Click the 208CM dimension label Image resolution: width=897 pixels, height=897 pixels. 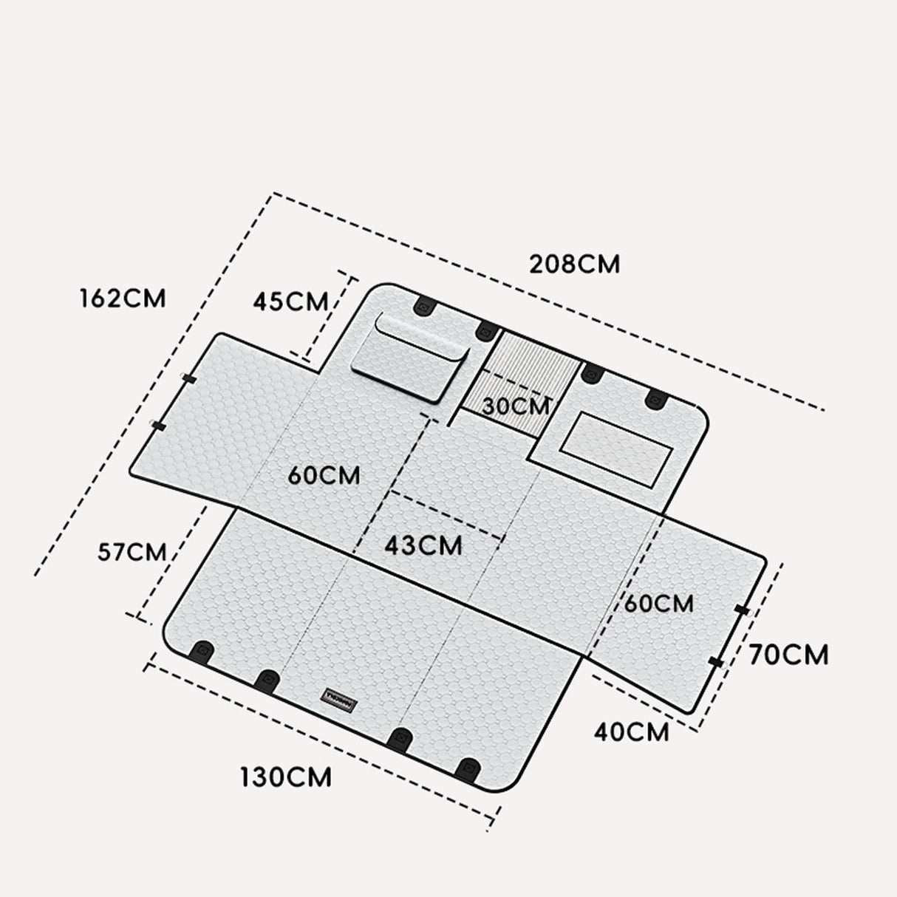coord(574,264)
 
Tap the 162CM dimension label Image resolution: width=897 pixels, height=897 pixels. coord(123,298)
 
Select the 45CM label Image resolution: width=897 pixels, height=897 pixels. coord(290,301)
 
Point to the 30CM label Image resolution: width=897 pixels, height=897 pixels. coord(516,406)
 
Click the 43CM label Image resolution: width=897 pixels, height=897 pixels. coord(423,545)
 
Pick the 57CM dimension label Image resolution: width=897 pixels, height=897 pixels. coord(132,552)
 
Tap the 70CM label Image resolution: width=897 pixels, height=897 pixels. coord(788,655)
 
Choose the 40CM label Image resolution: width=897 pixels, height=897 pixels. coord(631,731)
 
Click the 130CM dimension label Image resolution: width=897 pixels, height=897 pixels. coord(286,777)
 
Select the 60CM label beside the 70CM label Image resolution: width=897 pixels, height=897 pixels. coord(658,604)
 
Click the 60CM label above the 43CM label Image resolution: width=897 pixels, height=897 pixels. coord(324,475)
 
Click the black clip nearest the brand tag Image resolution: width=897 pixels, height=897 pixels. coord(267,681)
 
